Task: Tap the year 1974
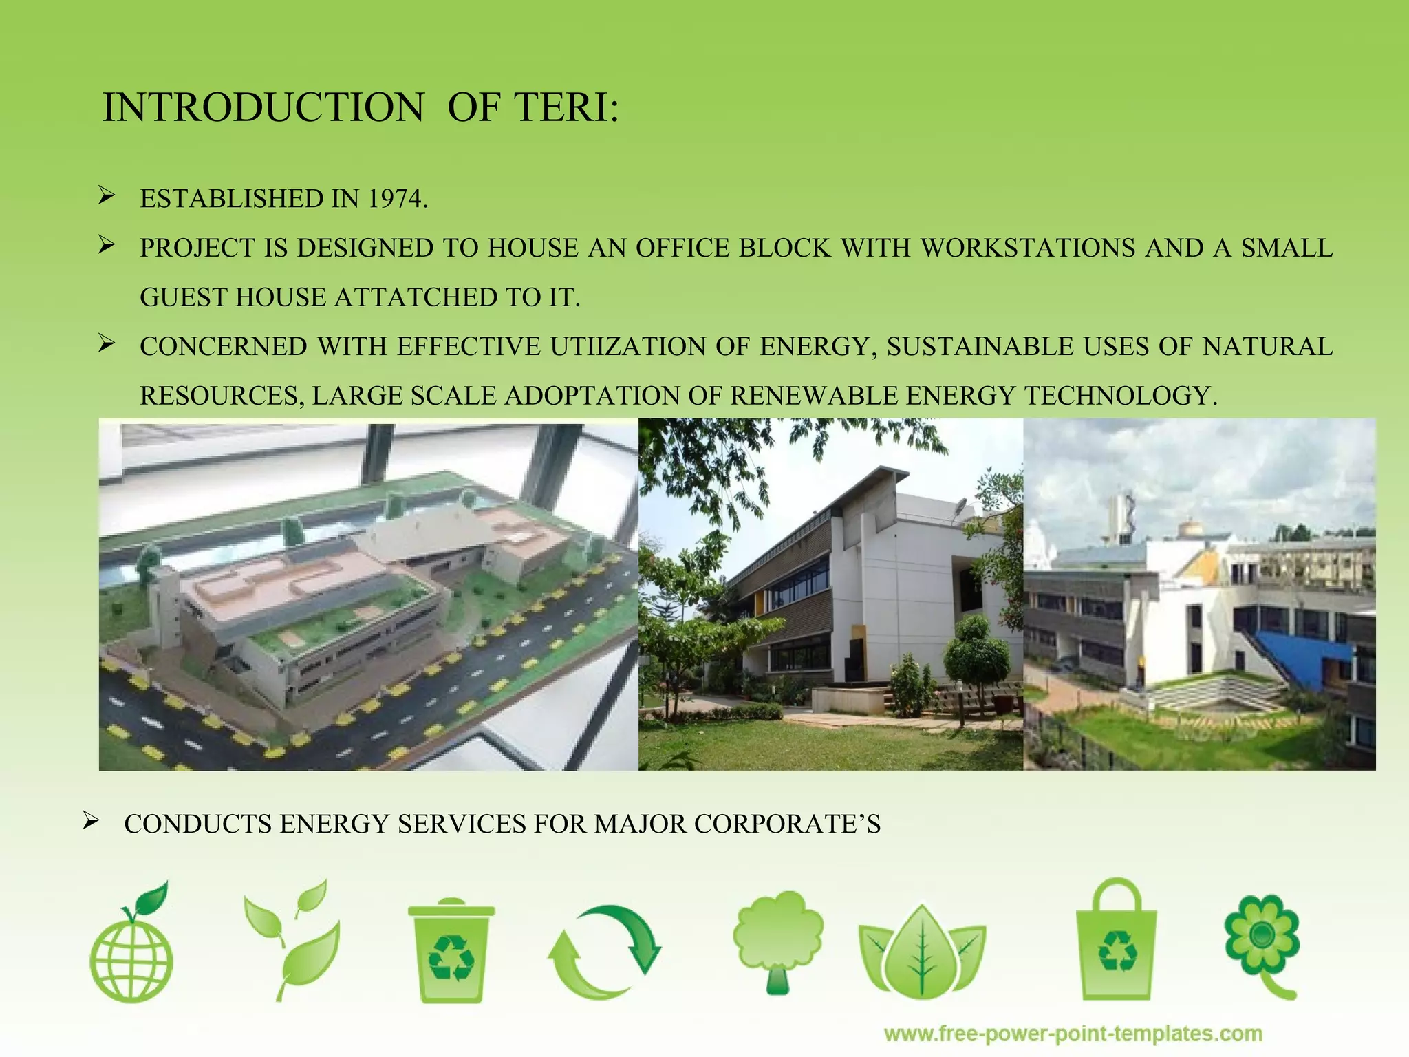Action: tap(395, 199)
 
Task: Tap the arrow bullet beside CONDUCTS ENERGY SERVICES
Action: tap(90, 821)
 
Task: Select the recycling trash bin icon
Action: tap(451, 950)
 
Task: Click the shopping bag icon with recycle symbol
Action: tap(1116, 943)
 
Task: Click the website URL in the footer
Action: tap(1073, 1034)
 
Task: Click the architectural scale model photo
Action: tap(369, 595)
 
